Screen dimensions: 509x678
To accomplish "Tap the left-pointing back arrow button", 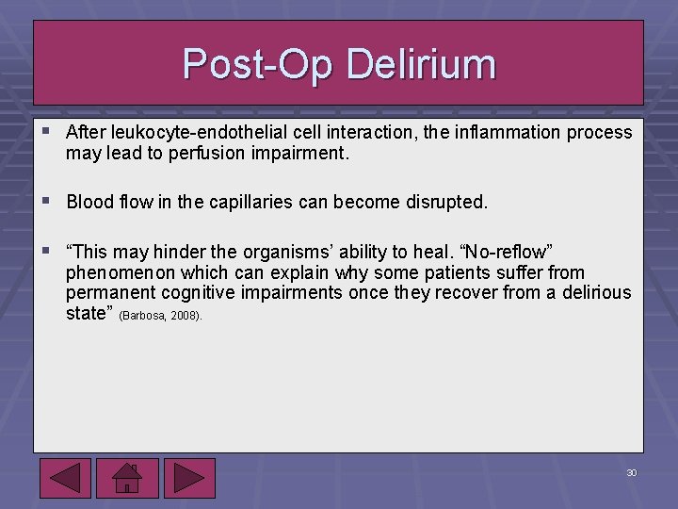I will (66, 477).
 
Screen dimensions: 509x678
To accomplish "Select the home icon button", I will (126, 477).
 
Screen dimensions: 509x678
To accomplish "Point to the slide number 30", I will (631, 472).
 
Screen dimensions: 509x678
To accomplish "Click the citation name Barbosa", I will (145, 316).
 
